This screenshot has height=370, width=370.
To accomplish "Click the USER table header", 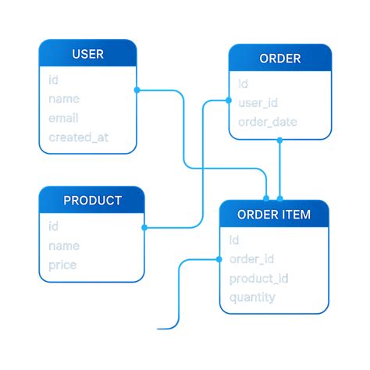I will (x=87, y=54).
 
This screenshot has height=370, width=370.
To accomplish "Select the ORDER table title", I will (x=279, y=59).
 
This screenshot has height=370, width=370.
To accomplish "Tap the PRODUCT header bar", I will (x=92, y=201).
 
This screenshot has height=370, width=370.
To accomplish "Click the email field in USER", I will (x=64, y=119).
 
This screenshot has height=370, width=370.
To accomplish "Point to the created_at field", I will (x=78, y=138).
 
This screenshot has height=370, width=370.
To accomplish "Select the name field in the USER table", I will (x=64, y=99).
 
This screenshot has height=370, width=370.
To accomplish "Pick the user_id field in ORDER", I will (x=258, y=103).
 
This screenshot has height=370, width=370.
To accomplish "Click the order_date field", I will (x=267, y=123).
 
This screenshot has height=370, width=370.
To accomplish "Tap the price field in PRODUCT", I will (x=62, y=265).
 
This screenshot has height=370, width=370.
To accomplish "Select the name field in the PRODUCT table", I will (x=64, y=246).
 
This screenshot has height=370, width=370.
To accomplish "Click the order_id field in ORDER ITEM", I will (x=251, y=259).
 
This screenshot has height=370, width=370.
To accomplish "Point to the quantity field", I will (x=252, y=297).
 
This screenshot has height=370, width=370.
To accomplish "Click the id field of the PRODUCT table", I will (x=53, y=227).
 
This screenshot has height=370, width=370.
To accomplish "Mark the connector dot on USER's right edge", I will (x=137, y=90).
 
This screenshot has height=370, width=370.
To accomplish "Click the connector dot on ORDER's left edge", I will (x=229, y=100).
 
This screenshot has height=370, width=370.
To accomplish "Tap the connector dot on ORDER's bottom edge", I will (x=279, y=141).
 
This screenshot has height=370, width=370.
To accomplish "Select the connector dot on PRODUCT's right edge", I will (x=144, y=228).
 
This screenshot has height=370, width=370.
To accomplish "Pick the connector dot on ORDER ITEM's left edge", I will (x=219, y=259).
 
